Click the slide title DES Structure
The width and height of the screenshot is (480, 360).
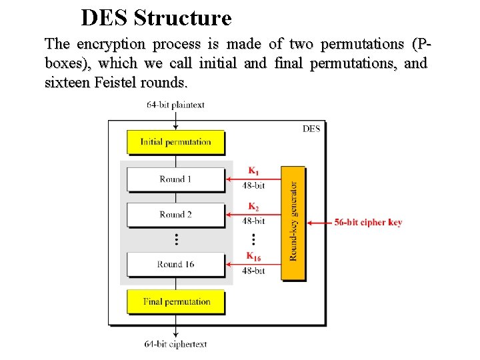pos(156,17)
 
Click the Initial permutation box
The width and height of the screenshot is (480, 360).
pos(175,142)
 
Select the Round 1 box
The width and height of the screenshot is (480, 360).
pos(175,179)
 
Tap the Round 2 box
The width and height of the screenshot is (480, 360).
pos(175,215)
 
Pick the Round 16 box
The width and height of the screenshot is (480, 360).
pos(175,264)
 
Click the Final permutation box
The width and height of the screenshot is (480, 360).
pos(175,301)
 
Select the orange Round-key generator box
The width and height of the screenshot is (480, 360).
pos(293,223)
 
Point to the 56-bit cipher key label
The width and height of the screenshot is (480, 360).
pos(368,223)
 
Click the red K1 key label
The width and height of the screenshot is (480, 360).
pos(254,170)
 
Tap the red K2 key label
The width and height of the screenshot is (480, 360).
pos(254,207)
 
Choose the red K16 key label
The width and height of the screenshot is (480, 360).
pos(254,256)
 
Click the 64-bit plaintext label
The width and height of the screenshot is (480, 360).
pos(175,105)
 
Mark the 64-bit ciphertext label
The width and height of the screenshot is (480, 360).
pos(175,344)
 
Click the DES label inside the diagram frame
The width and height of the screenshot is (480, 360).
pos(311,129)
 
